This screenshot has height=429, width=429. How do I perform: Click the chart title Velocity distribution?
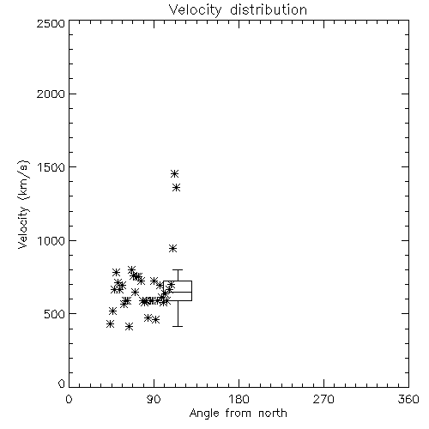point(238,9)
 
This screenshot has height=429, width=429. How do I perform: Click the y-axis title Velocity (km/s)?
point(23,204)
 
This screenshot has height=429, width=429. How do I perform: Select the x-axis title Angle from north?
point(238,414)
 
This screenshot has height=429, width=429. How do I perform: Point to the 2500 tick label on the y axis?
point(51,23)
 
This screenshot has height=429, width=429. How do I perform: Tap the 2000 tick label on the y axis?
point(51,94)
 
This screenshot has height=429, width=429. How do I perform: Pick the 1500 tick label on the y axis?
point(51,167)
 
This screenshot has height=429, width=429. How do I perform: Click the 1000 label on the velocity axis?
point(51,241)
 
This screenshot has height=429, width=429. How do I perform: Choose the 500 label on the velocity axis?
point(55,314)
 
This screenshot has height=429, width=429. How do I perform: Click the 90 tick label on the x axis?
point(154,399)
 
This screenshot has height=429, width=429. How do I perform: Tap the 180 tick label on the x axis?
point(239,399)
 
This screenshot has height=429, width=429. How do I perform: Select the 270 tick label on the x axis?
point(323,399)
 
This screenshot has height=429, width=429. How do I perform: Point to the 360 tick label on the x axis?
point(408,399)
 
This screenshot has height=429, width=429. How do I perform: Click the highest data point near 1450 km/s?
point(174,173)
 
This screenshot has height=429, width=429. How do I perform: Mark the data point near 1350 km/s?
point(176,188)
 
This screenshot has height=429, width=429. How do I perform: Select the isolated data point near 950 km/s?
point(172,248)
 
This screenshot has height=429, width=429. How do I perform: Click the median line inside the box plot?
point(178,292)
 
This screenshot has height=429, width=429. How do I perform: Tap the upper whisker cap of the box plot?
point(178,269)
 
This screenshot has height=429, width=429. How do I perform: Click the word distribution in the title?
point(269,9)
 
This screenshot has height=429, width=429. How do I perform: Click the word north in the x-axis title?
point(273,413)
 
